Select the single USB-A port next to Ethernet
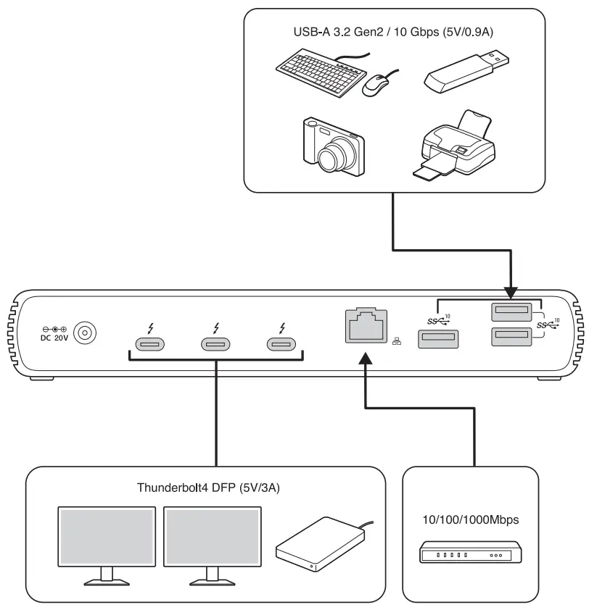pos(438,338)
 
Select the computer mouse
pos(376,85)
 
